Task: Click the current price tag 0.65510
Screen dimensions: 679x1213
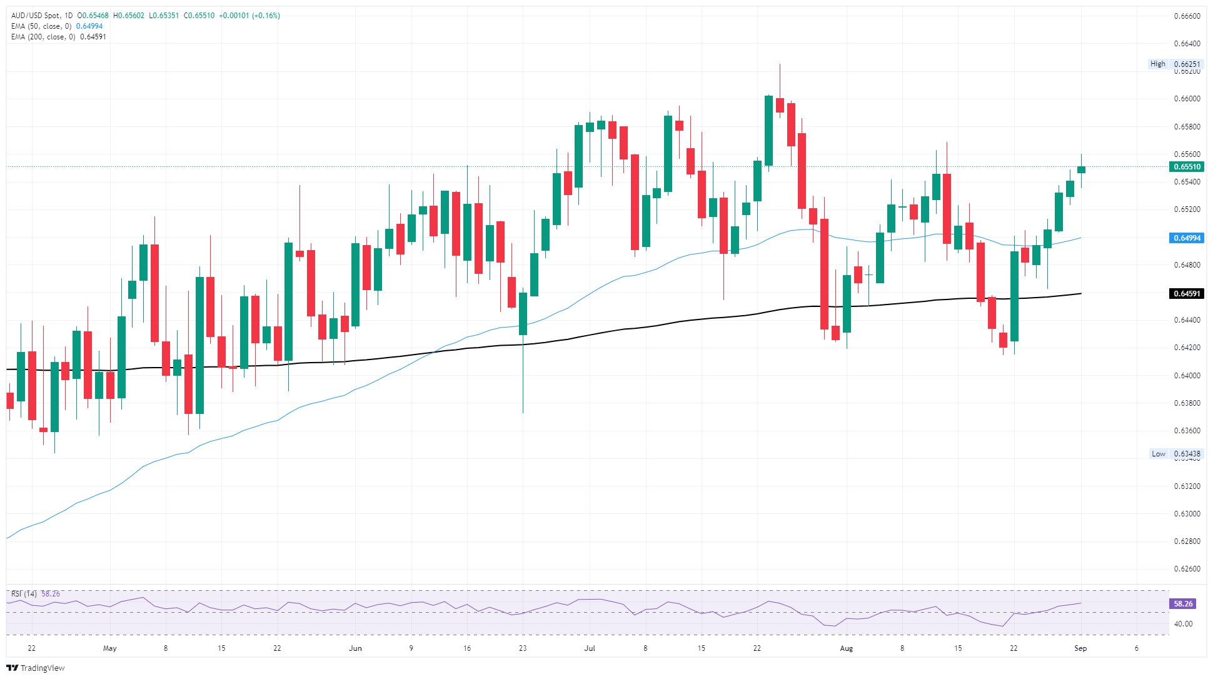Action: pyautogui.click(x=1186, y=167)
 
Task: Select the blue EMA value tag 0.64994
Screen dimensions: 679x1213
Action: pyautogui.click(x=1186, y=238)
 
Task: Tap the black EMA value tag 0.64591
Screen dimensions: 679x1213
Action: pyautogui.click(x=1186, y=294)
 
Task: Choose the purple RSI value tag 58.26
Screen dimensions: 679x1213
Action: pyautogui.click(x=1183, y=604)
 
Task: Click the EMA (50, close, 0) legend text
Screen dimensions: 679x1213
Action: pyautogui.click(x=41, y=26)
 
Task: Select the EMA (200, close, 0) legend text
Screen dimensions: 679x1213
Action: pyautogui.click(x=43, y=37)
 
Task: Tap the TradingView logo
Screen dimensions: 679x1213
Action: pyautogui.click(x=36, y=668)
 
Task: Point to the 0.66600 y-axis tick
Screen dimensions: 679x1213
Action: pyautogui.click(x=1186, y=16)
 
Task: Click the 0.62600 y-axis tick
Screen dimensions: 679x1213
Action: pyautogui.click(x=1186, y=569)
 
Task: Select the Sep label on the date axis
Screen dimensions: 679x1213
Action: pyautogui.click(x=1080, y=648)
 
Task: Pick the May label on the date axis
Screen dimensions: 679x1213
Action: pyautogui.click(x=109, y=648)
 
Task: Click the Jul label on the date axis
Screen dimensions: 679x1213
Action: pyautogui.click(x=590, y=648)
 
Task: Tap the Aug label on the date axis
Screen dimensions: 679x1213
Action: pyautogui.click(x=846, y=648)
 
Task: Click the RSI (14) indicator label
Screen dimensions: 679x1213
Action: pyautogui.click(x=24, y=594)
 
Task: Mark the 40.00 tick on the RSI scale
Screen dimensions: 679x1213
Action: pyautogui.click(x=1183, y=624)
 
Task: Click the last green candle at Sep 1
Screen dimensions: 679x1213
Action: pyautogui.click(x=1081, y=169)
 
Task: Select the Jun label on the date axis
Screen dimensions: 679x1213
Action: pyautogui.click(x=355, y=648)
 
